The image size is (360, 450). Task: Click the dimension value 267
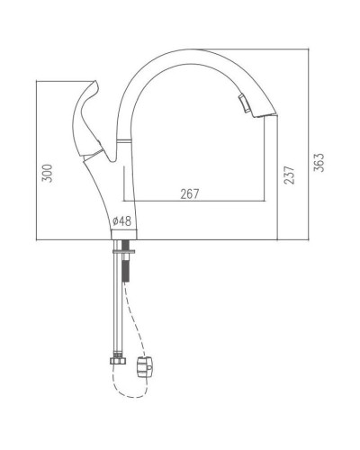point(189,192)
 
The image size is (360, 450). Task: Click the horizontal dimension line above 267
point(189,200)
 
